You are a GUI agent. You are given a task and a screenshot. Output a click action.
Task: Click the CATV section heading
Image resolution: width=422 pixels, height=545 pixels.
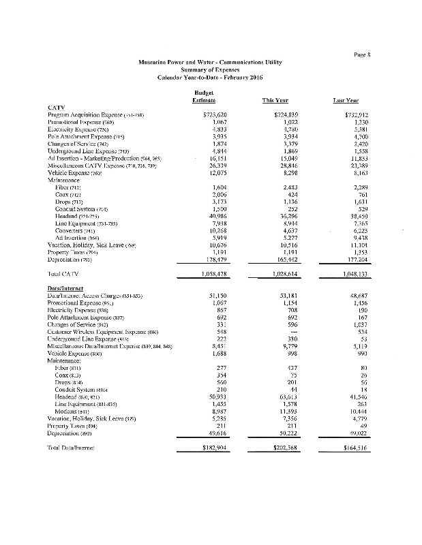[x=56, y=107]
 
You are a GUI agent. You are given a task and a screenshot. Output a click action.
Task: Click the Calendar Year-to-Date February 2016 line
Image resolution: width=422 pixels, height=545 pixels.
[x=211, y=77]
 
